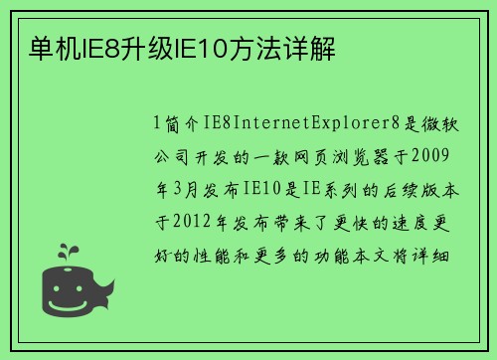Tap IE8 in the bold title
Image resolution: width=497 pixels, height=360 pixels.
95,47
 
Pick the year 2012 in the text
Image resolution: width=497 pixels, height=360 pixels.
197,222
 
